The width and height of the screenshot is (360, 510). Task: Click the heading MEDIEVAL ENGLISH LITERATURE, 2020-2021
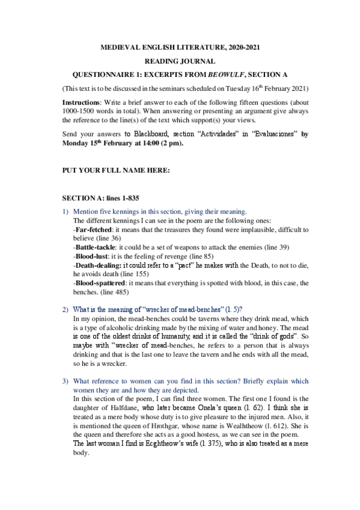pos(180,47)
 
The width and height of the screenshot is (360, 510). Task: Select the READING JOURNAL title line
pos(180,61)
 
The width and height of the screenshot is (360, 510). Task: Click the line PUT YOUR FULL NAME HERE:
pos(116,170)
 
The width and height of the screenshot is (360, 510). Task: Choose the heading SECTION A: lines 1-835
pos(103,197)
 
